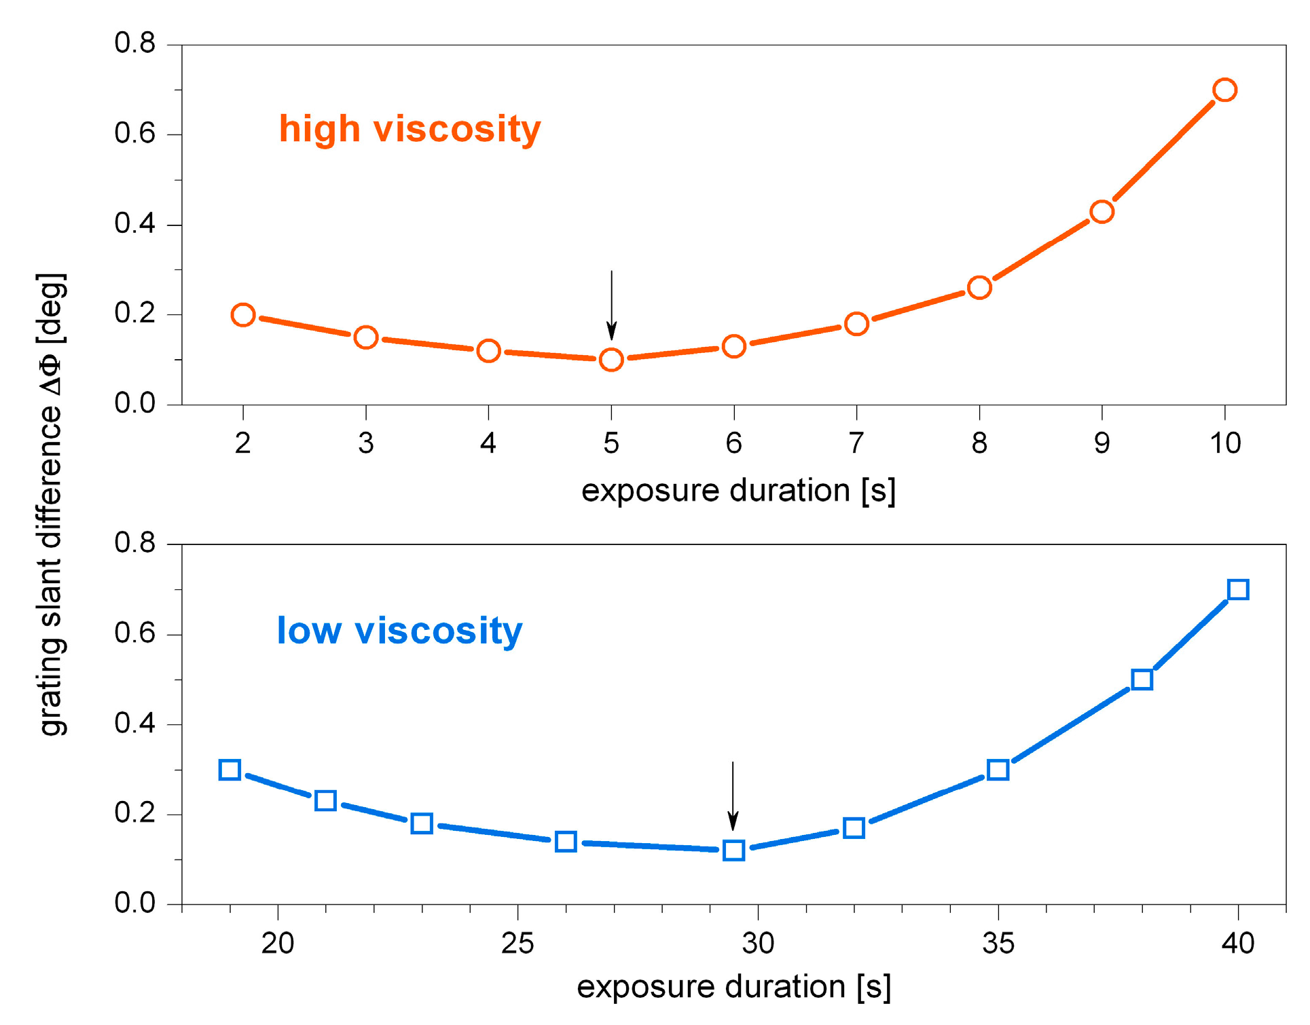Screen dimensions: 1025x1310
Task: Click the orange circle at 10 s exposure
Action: tap(1224, 90)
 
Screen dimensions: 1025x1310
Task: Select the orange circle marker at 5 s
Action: tap(611, 360)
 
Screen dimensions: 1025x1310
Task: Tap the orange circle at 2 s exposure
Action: tap(243, 315)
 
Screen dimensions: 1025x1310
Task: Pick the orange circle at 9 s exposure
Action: tap(1102, 212)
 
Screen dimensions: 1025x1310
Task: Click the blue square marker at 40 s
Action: tap(1238, 589)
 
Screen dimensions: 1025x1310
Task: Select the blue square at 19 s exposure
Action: tap(230, 770)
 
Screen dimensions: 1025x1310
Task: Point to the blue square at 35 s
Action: tap(998, 770)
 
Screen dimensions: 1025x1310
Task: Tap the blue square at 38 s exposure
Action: tap(1142, 679)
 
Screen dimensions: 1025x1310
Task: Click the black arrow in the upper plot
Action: tap(611, 305)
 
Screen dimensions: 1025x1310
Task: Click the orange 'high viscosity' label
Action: tap(410, 129)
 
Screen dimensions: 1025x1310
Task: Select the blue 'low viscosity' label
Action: tap(399, 631)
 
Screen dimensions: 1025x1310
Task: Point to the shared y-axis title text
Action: tap(51, 504)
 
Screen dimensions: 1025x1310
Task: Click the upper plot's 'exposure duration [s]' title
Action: tap(738, 491)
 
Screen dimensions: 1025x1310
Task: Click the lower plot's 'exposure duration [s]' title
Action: tap(733, 987)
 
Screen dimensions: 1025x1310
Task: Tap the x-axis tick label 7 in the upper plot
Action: tap(856, 444)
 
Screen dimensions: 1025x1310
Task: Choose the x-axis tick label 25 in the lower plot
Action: tap(517, 944)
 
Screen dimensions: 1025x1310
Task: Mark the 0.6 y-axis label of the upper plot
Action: tap(134, 134)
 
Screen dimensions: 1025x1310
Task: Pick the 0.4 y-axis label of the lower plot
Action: tap(134, 724)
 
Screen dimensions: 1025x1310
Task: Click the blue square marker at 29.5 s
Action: tap(733, 851)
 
